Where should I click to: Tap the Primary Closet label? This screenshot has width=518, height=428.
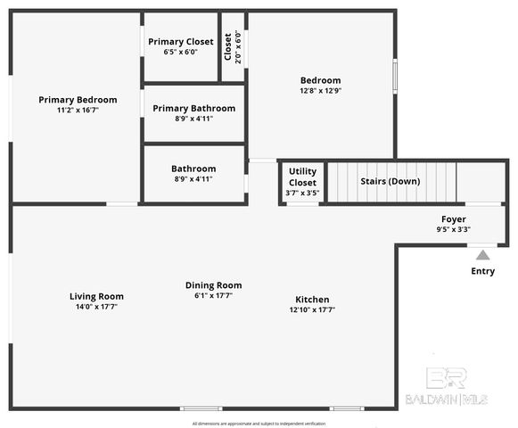click(x=180, y=41)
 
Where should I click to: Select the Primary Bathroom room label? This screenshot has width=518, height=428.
click(x=193, y=108)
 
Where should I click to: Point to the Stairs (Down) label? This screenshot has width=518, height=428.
click(x=390, y=182)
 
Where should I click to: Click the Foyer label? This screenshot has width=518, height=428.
click(x=453, y=218)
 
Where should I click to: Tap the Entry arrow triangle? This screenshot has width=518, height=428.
click(x=482, y=255)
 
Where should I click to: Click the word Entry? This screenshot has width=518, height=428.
click(x=482, y=271)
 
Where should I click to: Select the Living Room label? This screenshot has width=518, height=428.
click(x=96, y=296)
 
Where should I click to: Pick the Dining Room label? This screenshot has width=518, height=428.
click(x=213, y=285)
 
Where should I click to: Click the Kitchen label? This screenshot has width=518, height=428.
click(x=312, y=300)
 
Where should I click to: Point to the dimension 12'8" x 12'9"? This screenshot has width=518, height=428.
click(x=320, y=91)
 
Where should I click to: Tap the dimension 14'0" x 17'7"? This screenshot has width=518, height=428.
click(x=96, y=307)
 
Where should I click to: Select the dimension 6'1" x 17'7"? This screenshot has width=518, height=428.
click(x=213, y=296)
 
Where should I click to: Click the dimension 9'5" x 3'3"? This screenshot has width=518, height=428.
click(x=453, y=229)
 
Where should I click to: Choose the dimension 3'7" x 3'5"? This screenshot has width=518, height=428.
click(x=302, y=193)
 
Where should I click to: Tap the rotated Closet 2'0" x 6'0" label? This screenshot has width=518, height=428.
click(x=233, y=46)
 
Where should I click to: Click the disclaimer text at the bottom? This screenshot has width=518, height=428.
click(x=259, y=424)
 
